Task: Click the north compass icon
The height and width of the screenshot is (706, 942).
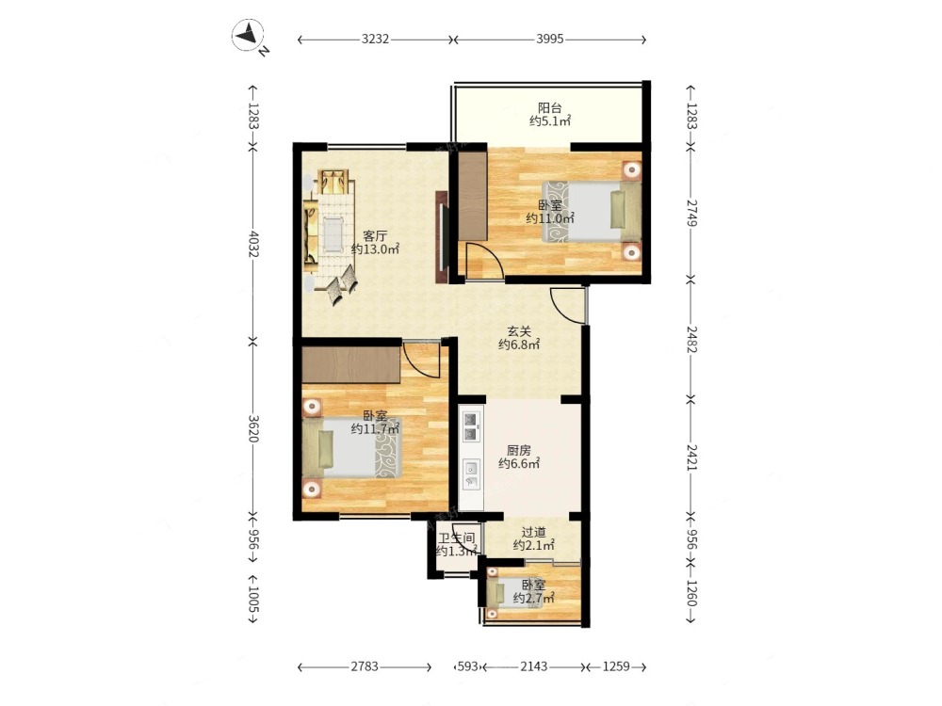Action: tap(248, 35)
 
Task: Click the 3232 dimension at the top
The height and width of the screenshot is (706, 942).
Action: tap(376, 39)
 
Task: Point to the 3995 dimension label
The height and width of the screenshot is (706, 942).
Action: tap(550, 39)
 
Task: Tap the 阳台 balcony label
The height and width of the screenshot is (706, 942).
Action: tap(550, 108)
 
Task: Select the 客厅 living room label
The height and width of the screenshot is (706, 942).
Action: tap(375, 236)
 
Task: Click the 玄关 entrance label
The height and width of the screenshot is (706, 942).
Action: tap(519, 330)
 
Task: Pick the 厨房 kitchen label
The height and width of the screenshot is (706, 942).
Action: tap(519, 450)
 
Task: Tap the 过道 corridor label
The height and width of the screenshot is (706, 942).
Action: tap(533, 532)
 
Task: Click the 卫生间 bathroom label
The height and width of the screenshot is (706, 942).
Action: tap(457, 538)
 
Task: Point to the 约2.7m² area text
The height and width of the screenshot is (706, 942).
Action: tap(533, 598)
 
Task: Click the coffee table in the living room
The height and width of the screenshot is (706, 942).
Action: tap(333, 234)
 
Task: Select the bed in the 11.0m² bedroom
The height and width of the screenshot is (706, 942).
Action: tap(592, 212)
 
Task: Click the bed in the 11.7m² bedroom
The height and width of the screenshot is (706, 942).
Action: tap(351, 448)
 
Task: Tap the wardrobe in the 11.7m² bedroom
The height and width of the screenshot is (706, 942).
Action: tap(351, 364)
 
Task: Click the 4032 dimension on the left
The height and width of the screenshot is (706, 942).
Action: tap(252, 244)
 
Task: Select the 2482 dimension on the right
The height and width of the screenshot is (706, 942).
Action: tap(691, 340)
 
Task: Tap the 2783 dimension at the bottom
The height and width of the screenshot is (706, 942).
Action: tap(365, 666)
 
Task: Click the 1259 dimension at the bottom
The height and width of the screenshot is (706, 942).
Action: tap(616, 666)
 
